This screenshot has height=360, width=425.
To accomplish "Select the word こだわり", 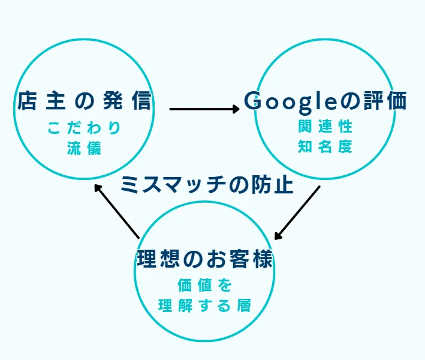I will [x=85, y=128].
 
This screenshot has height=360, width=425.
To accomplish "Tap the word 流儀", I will [x=85, y=148].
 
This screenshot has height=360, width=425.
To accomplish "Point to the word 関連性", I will [x=325, y=127].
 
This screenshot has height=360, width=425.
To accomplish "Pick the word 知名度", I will [x=325, y=146].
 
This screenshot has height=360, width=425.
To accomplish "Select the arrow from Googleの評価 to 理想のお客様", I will [x=297, y=213].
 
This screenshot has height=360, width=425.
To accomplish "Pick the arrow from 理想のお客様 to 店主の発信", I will [x=116, y=210].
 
